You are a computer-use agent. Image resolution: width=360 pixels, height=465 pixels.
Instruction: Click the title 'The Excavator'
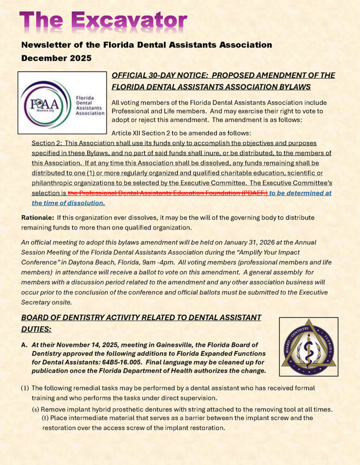tap(103, 19)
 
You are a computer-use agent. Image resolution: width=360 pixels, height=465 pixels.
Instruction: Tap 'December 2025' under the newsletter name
tap(56, 58)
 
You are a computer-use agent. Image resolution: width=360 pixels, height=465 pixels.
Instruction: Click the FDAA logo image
tap(62, 103)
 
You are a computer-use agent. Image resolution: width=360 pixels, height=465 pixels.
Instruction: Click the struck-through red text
tap(168, 193)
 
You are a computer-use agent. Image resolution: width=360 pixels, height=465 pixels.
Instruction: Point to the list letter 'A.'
tap(25, 345)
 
